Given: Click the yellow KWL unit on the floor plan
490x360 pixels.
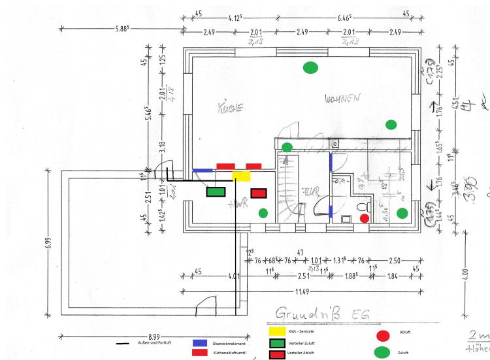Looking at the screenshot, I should click(241, 176).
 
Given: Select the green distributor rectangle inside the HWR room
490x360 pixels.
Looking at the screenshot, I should click(216, 192).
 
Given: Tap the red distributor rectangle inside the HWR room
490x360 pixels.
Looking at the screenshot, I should click(259, 193).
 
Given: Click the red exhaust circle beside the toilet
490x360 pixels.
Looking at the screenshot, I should click(365, 218).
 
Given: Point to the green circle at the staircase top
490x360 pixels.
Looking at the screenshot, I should click(287, 146).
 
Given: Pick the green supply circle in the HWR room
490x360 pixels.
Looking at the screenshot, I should click(263, 212).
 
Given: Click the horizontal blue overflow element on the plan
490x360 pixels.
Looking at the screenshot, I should click(203, 171).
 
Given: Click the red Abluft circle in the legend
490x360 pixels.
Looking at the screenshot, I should click(383, 335).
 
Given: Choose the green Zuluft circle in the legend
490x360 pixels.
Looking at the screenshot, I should click(383, 353).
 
